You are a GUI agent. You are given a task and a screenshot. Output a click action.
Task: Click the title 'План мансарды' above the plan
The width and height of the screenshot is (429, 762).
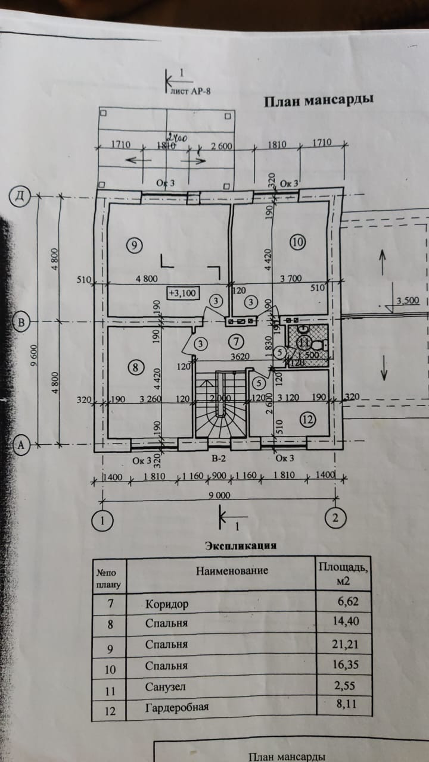pos(319,101)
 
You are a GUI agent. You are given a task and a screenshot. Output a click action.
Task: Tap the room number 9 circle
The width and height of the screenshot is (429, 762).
pos(135,244)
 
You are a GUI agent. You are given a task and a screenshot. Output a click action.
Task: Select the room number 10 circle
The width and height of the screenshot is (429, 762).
pos(297,241)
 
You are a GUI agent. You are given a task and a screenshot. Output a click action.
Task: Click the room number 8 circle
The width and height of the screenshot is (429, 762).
pos(136,368)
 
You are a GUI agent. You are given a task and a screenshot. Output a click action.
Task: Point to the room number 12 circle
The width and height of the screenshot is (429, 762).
pos(307,420)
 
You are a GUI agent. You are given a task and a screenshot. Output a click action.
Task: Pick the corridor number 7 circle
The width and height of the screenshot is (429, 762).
pos(237,341)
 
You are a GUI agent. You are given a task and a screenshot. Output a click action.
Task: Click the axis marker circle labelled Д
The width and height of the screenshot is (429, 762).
pos(20,196)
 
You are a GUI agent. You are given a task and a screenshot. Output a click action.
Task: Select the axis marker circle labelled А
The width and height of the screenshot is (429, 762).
pos(21,444)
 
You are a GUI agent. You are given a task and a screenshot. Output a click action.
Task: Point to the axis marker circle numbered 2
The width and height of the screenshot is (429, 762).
pos(335,519)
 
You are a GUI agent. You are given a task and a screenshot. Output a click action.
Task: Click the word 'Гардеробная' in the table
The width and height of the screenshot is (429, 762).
pos(176,708)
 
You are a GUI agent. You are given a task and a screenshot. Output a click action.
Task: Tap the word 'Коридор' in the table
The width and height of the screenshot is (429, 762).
pos(166,604)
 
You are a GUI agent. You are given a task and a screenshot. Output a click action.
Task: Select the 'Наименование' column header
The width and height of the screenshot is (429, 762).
pos(232,570)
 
